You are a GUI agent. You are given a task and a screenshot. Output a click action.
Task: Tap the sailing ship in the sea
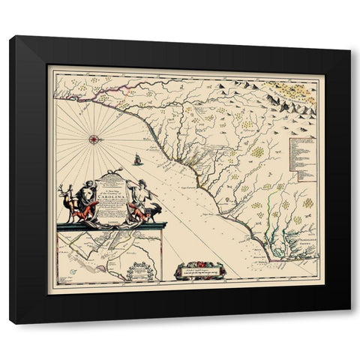point(138,158)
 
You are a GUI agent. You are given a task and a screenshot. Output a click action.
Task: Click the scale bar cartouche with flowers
point(199,269)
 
